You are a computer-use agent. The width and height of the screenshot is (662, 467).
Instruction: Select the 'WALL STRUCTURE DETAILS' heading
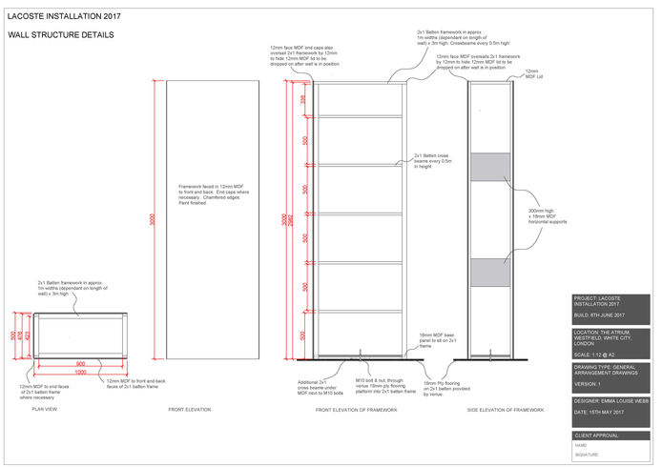pos(61,35)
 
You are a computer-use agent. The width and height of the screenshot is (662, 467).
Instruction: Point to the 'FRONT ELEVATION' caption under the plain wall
pos(191,409)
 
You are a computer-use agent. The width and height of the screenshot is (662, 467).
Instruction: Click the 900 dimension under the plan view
pos(80,363)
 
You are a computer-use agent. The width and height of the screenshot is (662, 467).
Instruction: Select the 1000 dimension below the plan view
pos(80,372)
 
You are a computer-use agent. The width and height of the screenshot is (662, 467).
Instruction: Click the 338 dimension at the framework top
pos(303,98)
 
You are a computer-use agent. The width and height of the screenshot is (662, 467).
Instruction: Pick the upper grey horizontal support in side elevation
pos(493,166)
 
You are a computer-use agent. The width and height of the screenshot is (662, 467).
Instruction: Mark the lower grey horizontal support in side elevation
pos(493,271)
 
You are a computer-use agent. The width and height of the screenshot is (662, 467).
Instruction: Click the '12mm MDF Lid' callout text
pos(532,73)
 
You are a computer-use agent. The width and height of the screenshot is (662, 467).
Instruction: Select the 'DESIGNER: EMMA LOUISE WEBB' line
pos(610,401)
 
